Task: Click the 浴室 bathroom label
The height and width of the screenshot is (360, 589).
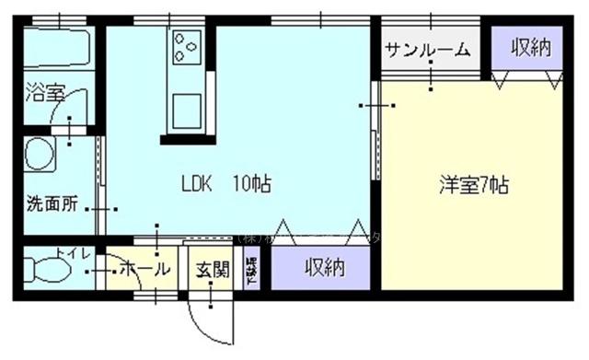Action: [42, 92]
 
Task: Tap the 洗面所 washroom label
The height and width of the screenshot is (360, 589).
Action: [52, 203]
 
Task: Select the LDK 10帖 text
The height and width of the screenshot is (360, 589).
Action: [225, 183]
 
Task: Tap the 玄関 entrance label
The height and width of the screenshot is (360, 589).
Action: [212, 270]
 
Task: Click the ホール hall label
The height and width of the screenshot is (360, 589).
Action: [144, 270]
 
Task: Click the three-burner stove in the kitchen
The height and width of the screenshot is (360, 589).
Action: [185, 42]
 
